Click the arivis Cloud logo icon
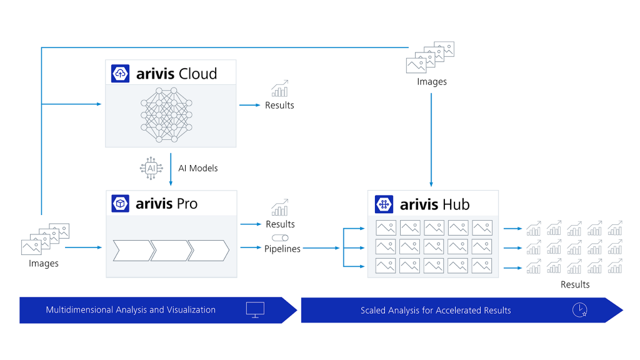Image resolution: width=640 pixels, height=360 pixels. point(120,73)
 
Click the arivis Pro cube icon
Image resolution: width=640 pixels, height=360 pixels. point(120,203)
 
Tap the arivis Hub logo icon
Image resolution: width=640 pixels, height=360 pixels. point(384,204)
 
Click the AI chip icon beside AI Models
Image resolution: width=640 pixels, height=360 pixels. point(150,169)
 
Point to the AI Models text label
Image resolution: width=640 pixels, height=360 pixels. point(198,169)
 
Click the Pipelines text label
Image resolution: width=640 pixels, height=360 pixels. point(282,249)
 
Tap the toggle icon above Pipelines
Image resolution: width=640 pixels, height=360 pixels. point(281,238)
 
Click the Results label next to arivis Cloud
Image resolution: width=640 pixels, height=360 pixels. point(279,106)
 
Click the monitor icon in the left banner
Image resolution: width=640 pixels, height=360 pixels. point(255,309)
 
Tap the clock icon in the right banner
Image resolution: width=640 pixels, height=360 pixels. point(579,310)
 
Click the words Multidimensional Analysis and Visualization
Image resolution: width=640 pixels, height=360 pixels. point(131,310)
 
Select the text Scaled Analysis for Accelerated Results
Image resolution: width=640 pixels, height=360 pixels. point(436,311)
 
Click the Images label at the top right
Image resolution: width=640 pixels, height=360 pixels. point(432,82)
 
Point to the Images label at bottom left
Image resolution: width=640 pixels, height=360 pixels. point(44,264)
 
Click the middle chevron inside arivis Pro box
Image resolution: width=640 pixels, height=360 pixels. point(171,251)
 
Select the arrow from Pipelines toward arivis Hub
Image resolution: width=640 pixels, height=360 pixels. point(321,249)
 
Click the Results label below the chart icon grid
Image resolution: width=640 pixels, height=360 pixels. point(574,284)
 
